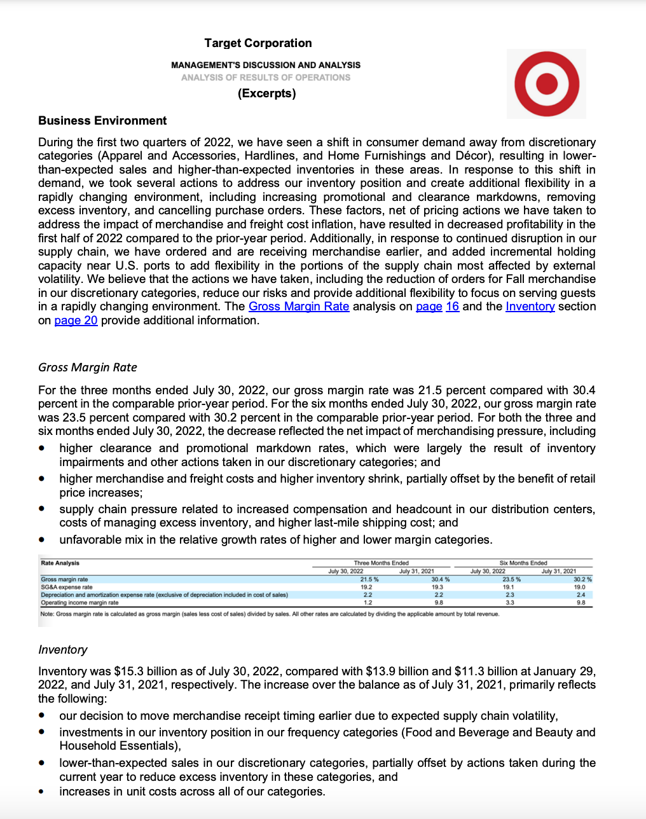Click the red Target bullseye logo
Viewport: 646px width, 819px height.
(546, 83)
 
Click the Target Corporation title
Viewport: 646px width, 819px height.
(258, 43)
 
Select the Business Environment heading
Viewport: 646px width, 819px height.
(102, 121)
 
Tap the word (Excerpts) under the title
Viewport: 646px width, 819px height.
(267, 93)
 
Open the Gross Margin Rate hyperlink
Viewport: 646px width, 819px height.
(299, 306)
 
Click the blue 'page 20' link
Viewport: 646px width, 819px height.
(76, 320)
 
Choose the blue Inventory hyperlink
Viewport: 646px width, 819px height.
(530, 306)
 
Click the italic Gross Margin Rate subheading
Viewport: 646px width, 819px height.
(88, 368)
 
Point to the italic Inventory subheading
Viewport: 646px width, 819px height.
(63, 650)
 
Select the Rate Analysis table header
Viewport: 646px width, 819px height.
(60, 563)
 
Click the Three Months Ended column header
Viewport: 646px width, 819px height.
(381, 563)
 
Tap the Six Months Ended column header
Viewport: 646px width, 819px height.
(523, 563)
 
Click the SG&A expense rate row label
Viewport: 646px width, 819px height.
(67, 587)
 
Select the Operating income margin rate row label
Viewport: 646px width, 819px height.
(79, 602)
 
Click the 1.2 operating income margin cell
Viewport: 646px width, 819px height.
(368, 602)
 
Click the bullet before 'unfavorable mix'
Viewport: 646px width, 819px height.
(42, 539)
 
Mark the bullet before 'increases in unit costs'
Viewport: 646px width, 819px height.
(42, 792)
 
